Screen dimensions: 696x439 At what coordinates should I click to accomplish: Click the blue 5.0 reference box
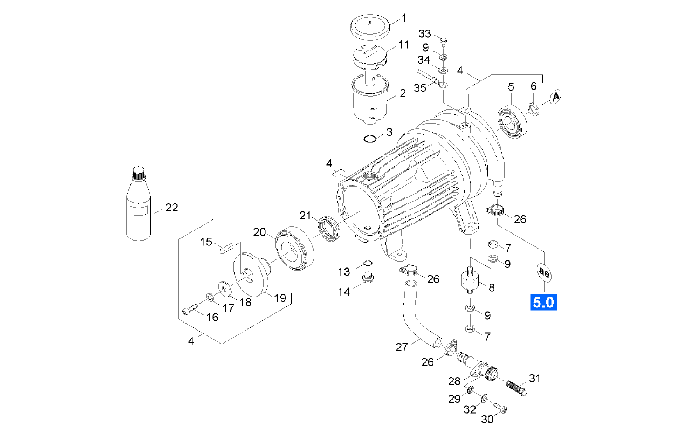tap(544, 302)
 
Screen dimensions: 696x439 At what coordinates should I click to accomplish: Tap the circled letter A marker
tap(555, 97)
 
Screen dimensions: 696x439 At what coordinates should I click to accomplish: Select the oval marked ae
tap(544, 273)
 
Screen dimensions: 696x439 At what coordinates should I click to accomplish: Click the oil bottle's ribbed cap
tap(139, 173)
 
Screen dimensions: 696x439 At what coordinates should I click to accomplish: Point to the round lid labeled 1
tap(370, 27)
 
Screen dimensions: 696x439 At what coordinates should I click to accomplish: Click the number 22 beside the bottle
tap(171, 208)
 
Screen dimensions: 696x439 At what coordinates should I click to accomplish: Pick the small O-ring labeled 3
tap(370, 139)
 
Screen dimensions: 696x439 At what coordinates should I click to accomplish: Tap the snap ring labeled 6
tap(534, 109)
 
